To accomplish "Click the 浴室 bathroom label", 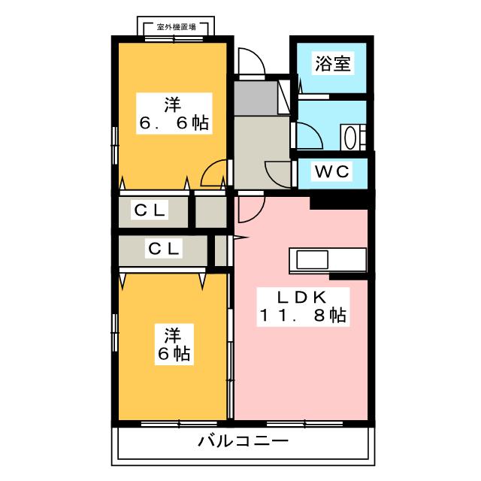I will tap(331, 64).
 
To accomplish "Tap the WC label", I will tap(331, 171).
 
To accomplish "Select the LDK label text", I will tap(302, 296).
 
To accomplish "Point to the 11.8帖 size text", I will tap(302, 316).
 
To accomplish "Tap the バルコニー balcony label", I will tap(243, 441).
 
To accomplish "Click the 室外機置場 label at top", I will tap(177, 27).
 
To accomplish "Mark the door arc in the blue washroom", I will tap(310, 136).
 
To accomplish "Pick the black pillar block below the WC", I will tap(338, 200).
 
